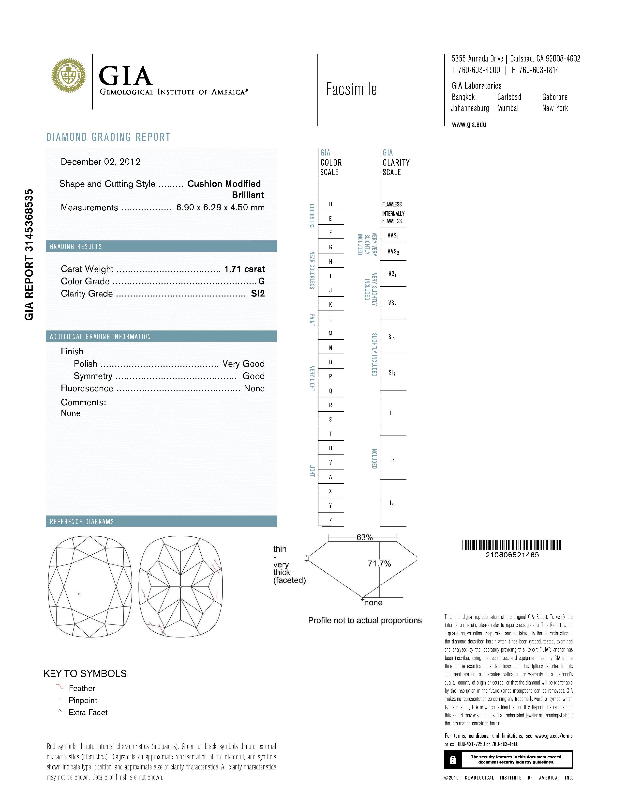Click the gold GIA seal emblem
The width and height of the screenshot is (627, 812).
click(69, 76)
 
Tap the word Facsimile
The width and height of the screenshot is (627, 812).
click(351, 89)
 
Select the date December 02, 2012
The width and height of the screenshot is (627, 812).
click(101, 162)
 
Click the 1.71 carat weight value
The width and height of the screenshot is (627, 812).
click(244, 269)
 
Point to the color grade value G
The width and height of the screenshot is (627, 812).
click(262, 281)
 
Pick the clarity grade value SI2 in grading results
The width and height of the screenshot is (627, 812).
click(258, 294)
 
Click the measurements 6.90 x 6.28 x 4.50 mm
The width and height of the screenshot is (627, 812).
click(220, 207)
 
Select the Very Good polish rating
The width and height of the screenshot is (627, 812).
click(243, 364)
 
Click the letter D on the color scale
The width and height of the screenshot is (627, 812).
click(330, 204)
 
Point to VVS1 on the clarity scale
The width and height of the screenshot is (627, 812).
click(393, 235)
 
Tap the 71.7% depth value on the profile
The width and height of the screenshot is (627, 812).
click(379, 564)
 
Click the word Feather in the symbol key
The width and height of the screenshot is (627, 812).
click(82, 688)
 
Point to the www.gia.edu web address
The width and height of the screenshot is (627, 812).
click(469, 125)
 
